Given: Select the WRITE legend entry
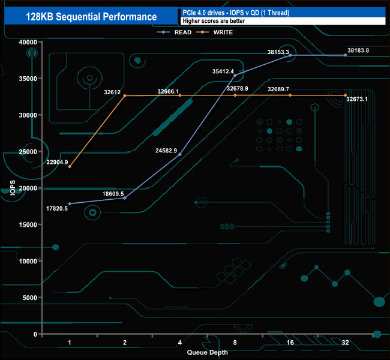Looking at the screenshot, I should [223, 32].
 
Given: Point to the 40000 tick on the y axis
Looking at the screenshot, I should [27, 42].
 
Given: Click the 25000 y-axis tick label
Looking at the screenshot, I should [27, 152].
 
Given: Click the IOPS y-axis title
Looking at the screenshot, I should [13, 188].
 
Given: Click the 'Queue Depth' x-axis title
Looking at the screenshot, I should [207, 352].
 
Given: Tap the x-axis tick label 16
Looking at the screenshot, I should [290, 343].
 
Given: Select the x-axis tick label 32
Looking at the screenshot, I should [345, 343].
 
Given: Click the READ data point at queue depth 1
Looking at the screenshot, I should [70, 204].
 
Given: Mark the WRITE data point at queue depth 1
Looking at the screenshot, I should [70, 167].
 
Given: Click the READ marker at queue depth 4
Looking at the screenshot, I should [180, 154].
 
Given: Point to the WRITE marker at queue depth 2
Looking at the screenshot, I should [125, 95].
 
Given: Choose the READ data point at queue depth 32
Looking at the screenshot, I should [345, 55].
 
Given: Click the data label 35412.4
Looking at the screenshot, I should [223, 71].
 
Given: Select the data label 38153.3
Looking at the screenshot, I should [278, 52].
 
